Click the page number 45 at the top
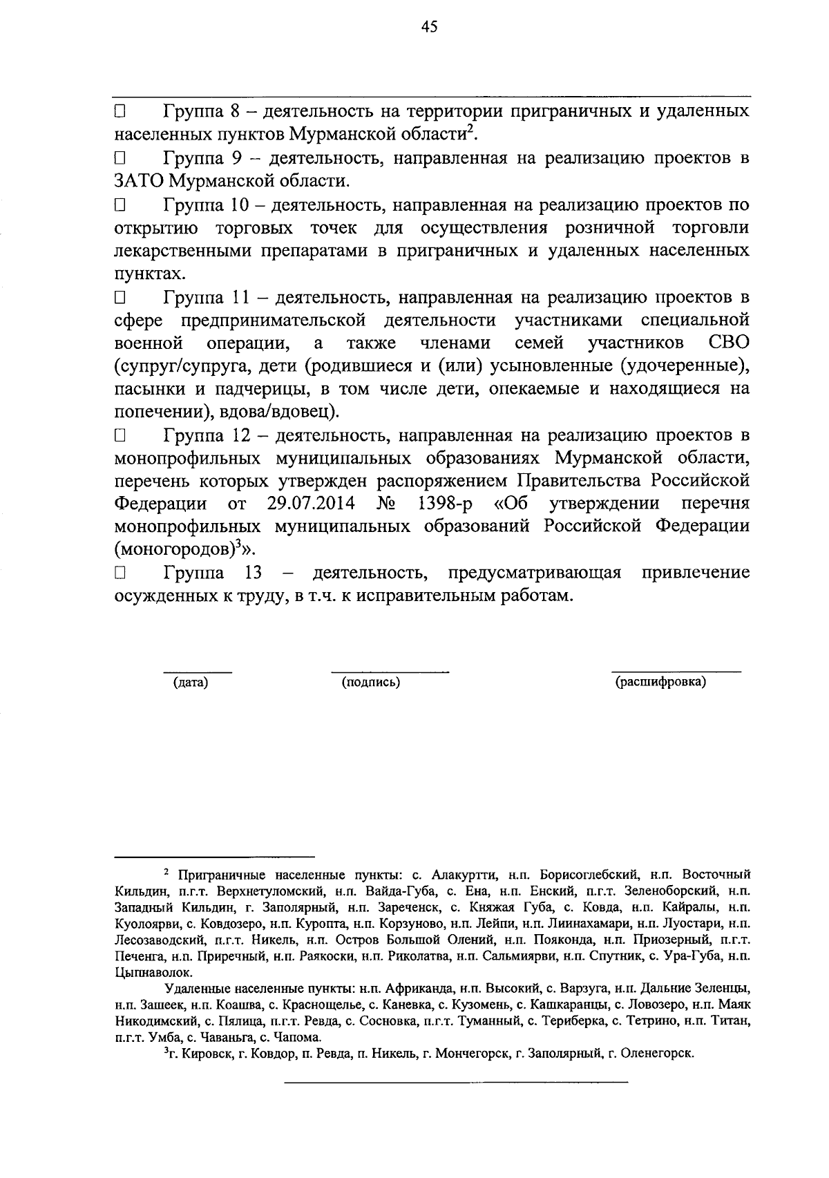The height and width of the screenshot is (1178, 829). (x=428, y=26)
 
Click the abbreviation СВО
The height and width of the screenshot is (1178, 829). (x=729, y=343)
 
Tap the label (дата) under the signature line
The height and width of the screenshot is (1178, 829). (x=190, y=683)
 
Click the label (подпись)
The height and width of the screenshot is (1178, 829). (x=371, y=683)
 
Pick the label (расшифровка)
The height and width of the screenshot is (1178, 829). (x=660, y=683)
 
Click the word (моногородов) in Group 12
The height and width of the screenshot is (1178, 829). (x=173, y=550)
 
